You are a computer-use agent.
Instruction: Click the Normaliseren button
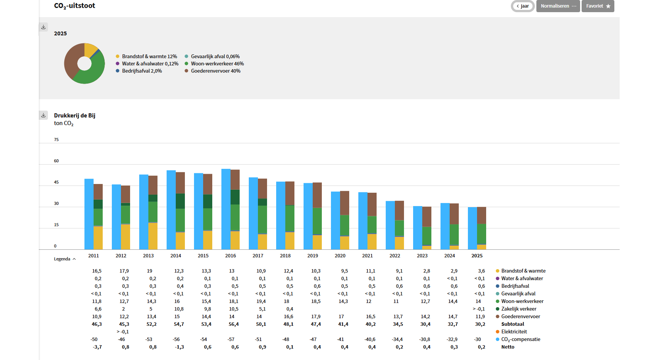click(558, 6)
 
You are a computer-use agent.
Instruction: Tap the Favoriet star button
click(598, 6)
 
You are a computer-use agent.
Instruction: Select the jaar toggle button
click(523, 6)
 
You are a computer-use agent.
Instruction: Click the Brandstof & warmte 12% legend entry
click(146, 56)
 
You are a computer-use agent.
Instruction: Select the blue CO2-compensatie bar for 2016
click(226, 209)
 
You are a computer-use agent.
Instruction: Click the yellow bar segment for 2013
click(153, 236)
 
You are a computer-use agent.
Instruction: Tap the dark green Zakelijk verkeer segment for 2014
click(180, 201)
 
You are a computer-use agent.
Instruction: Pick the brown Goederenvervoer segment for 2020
click(345, 203)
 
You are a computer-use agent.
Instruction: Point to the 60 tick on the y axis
click(56, 161)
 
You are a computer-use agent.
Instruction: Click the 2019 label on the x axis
click(313, 256)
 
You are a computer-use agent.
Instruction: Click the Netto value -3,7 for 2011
click(97, 347)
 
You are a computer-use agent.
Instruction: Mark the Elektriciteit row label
click(514, 332)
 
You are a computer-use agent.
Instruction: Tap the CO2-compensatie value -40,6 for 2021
click(370, 339)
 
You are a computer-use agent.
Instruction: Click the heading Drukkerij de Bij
click(75, 116)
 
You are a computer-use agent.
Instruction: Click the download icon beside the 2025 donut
click(43, 27)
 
